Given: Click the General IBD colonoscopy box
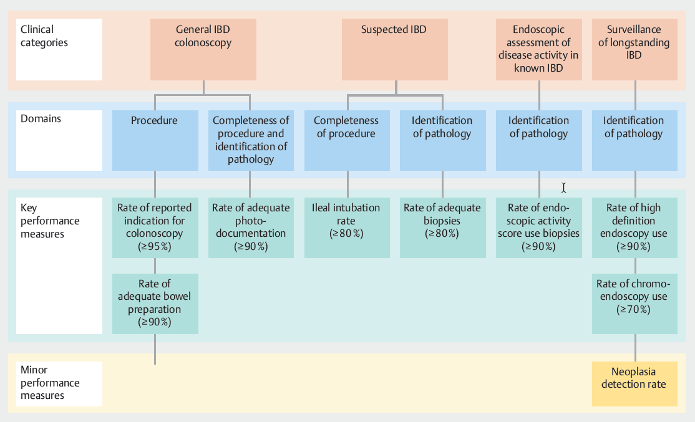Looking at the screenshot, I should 203,49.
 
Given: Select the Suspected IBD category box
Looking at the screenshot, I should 394,49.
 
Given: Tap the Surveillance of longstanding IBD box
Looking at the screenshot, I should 634,49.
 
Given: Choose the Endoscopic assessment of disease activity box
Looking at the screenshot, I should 538,49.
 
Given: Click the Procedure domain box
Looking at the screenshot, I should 154,141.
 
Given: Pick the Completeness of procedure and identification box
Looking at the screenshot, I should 251,141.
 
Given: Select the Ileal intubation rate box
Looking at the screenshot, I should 347,228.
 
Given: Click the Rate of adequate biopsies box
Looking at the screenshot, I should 442,228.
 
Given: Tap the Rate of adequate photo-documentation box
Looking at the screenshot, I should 251,228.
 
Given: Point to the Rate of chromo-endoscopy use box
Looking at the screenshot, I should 634,303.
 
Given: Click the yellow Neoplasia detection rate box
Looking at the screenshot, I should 634,384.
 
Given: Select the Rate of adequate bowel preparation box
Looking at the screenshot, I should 155,303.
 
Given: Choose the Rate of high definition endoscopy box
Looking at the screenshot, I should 634,228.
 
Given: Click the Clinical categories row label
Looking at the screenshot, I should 59,49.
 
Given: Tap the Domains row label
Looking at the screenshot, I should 59,141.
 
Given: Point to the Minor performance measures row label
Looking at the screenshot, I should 59,383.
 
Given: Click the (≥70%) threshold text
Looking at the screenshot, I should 633,310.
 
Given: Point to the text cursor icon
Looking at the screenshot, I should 563,187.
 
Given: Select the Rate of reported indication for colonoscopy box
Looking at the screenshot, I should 155,228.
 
